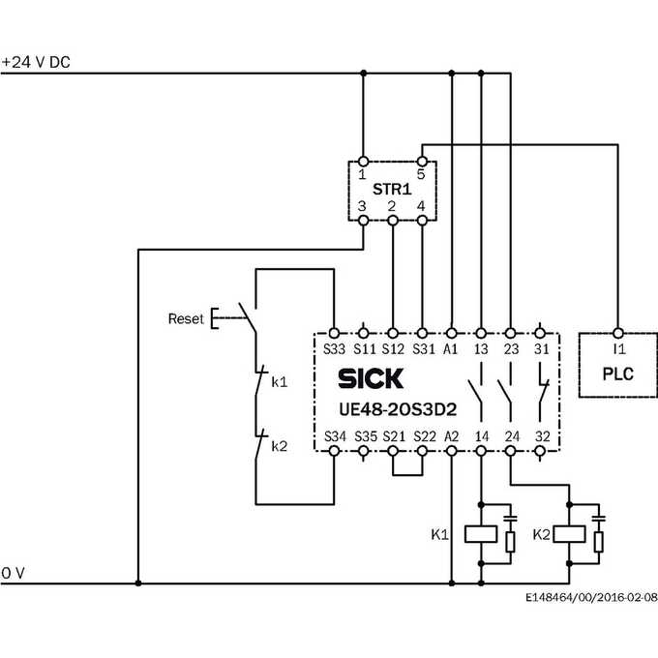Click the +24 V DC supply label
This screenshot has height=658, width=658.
pos(36,62)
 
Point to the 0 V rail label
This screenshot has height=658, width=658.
pos(13,573)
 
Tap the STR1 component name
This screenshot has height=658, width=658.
pos(392,190)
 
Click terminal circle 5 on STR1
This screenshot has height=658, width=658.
pos(422,162)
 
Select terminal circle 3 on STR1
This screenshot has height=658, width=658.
pos(364,221)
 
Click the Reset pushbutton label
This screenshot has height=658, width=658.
pos(186,319)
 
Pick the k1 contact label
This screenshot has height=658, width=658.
pos(280,382)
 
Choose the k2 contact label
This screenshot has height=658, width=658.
pos(280,446)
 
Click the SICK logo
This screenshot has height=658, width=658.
pos(371,378)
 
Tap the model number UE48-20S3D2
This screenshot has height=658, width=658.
pos(398,409)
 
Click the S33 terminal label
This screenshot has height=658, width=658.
pos(334,348)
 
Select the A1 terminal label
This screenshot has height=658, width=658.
pos(451,348)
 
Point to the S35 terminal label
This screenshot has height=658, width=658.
pos(366,436)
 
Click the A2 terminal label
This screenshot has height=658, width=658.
pos(451,436)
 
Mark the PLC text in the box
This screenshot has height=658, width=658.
pos(617,374)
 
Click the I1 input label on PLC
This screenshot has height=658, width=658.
pos(619,348)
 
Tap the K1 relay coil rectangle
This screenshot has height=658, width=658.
pos(481,534)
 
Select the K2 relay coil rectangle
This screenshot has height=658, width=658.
pos(569,534)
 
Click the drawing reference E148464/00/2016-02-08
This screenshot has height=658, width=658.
pos(591,597)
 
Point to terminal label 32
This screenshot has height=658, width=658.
pos(542,436)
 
